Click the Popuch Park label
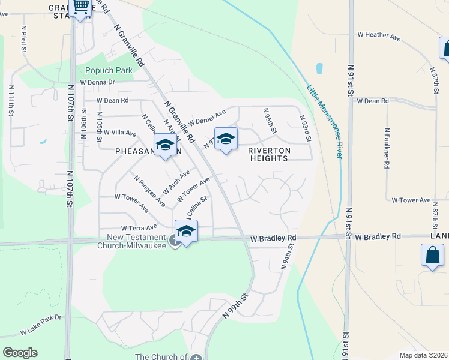pyautogui.click(x=108, y=70)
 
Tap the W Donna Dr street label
pyautogui.click(x=97, y=82)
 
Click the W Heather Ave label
pyautogui.click(x=379, y=36)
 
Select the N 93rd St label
pyautogui.click(x=305, y=129)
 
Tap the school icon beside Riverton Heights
pyautogui.click(x=226, y=139)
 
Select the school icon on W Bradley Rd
pyautogui.click(x=186, y=231)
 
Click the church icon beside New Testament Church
pyautogui.click(x=175, y=241)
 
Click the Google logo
pyautogui.click(x=20, y=353)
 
